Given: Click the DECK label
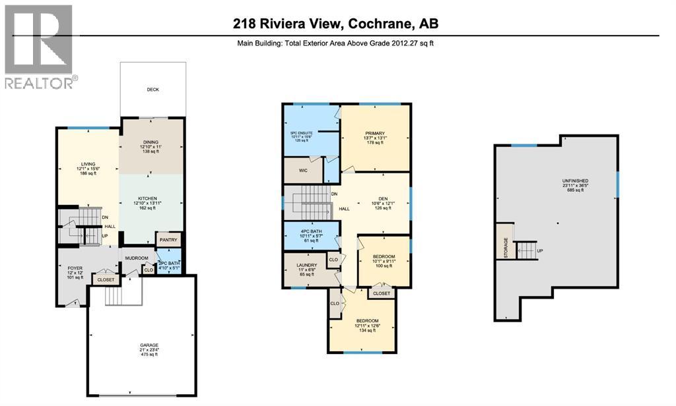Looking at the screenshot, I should [x=152, y=90].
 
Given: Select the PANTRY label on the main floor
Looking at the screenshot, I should [x=168, y=240].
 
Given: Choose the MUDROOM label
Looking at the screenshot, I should [x=137, y=258].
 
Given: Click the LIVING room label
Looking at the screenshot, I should [x=88, y=164].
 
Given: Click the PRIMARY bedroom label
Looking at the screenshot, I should [x=375, y=132].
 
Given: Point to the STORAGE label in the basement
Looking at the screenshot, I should [x=506, y=248].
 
